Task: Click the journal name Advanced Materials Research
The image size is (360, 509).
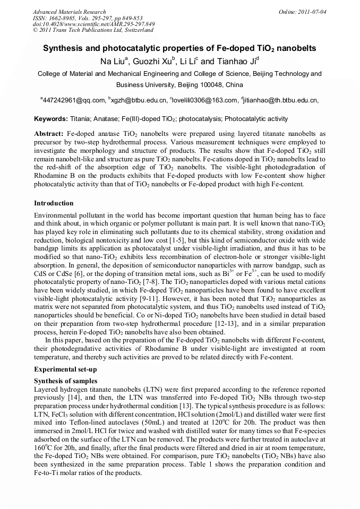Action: pyautogui.click(x=69, y=12)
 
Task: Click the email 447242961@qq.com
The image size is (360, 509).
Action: pyautogui.click(x=74, y=100)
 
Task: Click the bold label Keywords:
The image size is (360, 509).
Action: pyautogui.click(x=52, y=119)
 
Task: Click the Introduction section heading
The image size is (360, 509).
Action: pyautogui.click(x=54, y=203)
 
